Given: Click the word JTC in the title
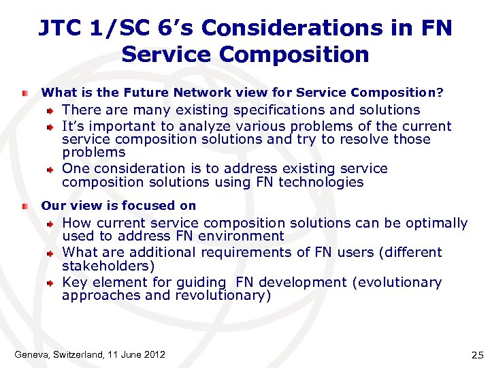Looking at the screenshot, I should coord(60,28).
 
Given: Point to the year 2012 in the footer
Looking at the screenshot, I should coord(154,354).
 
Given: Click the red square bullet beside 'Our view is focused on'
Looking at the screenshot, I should coord(25,206).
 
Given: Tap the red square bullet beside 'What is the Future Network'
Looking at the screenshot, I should coord(25,92).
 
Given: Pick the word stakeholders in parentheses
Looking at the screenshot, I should coord(107,266).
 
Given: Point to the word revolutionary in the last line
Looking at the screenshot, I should coord(221,296).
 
